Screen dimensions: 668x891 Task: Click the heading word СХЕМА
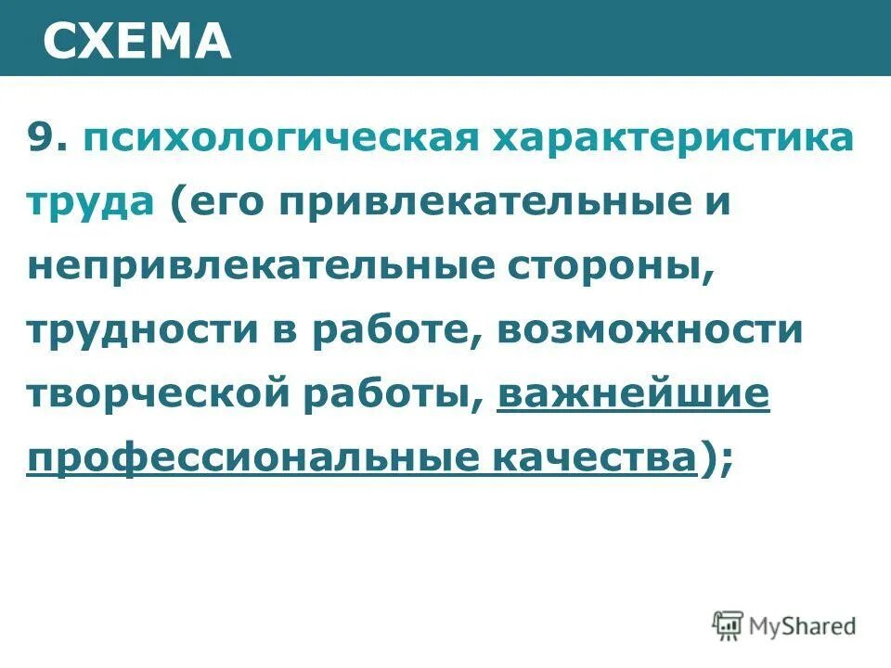pos(138,40)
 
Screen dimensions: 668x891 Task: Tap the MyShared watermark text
pos(804,627)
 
